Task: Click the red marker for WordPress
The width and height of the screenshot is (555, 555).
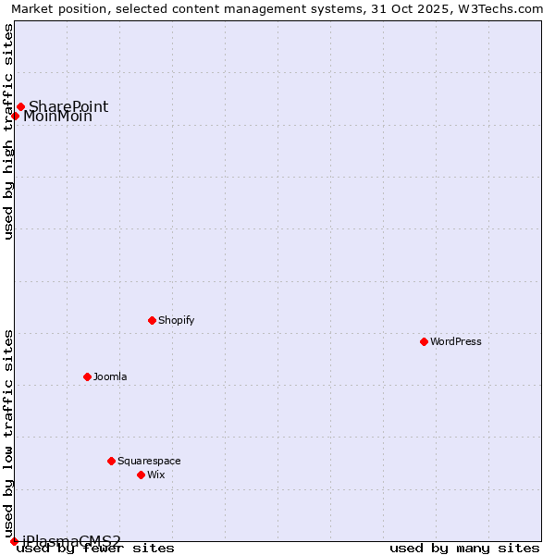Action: tap(425, 341)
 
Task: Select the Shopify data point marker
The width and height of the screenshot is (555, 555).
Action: tap(153, 320)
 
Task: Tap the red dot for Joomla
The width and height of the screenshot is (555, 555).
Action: tap(88, 376)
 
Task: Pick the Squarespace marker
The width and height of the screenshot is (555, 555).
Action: tap(112, 461)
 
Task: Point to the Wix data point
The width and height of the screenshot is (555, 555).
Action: tap(142, 475)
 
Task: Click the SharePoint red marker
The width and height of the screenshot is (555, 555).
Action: tap(20, 106)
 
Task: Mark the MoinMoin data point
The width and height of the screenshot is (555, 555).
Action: tap(15, 116)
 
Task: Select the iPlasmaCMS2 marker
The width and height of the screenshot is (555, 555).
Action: tap(14, 541)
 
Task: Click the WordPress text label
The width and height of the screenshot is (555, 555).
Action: tap(456, 341)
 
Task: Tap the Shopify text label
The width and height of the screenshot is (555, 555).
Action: tap(176, 320)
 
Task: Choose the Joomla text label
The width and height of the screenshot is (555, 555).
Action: tap(110, 376)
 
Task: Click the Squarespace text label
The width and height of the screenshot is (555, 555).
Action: tap(149, 461)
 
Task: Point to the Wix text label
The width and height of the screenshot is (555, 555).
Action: tap(156, 475)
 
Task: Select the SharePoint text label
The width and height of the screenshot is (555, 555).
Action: tap(68, 106)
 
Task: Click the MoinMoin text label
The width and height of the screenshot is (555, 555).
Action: tap(57, 117)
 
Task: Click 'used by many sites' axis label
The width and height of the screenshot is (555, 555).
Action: tap(464, 549)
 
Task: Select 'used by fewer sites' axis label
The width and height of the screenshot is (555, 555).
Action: tap(96, 549)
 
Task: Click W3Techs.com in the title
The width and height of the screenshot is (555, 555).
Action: tap(504, 8)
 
